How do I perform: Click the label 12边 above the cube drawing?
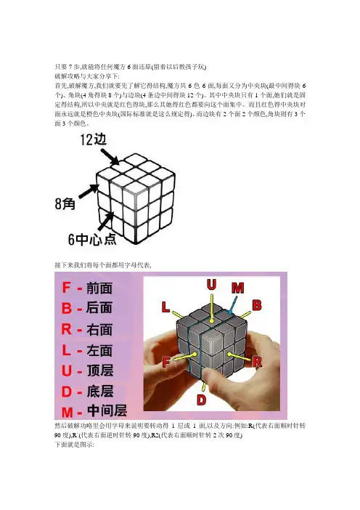[x=94, y=140]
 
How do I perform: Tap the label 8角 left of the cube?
[x=65, y=204]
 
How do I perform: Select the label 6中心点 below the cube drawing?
[x=92, y=240]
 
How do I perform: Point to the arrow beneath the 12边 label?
[x=110, y=157]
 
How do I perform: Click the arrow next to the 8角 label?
[x=89, y=191]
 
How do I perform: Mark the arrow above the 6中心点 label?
[x=105, y=221]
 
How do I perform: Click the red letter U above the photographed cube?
[x=211, y=285]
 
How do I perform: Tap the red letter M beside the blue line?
[x=238, y=288]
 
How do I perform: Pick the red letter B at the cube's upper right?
[x=257, y=305]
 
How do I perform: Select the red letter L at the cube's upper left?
[x=165, y=307]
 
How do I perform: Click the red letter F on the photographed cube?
[x=166, y=362]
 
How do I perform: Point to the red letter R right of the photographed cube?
[x=257, y=362]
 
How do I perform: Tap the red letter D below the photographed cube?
[x=202, y=400]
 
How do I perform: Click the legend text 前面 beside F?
[x=99, y=288]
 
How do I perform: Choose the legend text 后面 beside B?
[x=99, y=308]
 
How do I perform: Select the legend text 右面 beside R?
[x=99, y=330]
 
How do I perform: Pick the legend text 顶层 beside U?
[x=100, y=371]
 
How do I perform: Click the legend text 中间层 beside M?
[x=107, y=410]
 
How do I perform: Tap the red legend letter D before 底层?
[x=67, y=392]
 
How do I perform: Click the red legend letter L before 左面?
[x=66, y=350]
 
